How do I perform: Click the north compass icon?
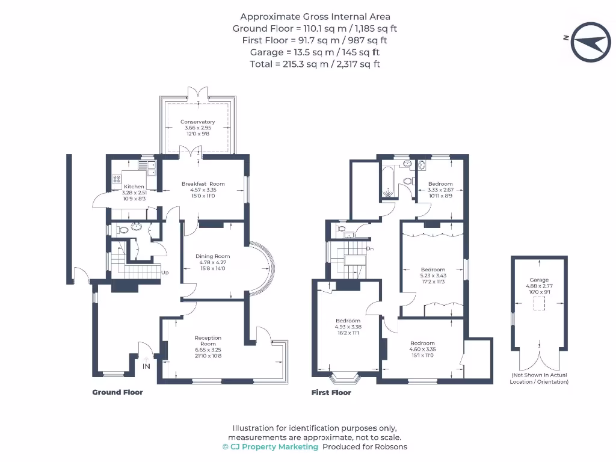[590, 42]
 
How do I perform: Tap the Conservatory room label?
[197, 122]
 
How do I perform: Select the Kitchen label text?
[134, 186]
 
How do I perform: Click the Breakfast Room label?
[203, 184]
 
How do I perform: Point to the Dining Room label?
[213, 256]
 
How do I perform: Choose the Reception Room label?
[208, 338]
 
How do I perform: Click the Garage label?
[539, 280]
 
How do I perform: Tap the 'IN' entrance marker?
[146, 366]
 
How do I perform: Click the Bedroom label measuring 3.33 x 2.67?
[440, 184]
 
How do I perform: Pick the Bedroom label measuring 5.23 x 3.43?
[433, 269]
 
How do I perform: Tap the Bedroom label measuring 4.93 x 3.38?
[348, 321]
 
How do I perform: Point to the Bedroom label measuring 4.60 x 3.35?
[422, 343]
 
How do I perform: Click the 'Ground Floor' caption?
[117, 392]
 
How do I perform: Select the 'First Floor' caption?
[331, 393]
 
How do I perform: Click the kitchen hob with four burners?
[116, 179]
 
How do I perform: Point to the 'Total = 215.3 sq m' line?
[315, 64]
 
